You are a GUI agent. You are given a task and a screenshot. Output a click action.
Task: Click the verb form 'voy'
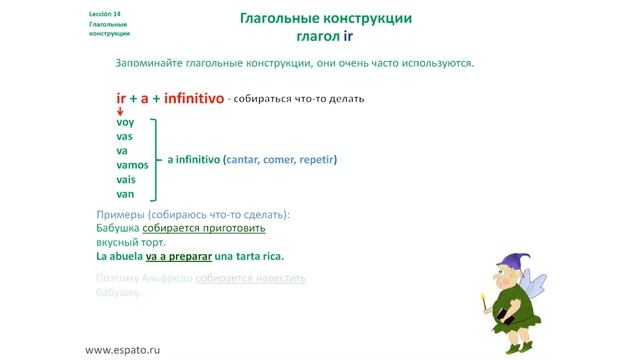125,122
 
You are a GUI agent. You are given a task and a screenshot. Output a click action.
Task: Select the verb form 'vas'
125,136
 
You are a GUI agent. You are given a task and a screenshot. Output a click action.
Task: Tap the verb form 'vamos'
132,165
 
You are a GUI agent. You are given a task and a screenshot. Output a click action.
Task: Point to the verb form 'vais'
126,179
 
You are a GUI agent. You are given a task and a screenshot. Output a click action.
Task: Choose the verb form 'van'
125,193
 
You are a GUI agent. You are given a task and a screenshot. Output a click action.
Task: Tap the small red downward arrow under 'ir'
120,111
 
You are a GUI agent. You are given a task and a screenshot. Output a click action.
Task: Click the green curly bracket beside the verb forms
156,158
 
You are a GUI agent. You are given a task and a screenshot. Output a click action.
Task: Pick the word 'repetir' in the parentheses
315,158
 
